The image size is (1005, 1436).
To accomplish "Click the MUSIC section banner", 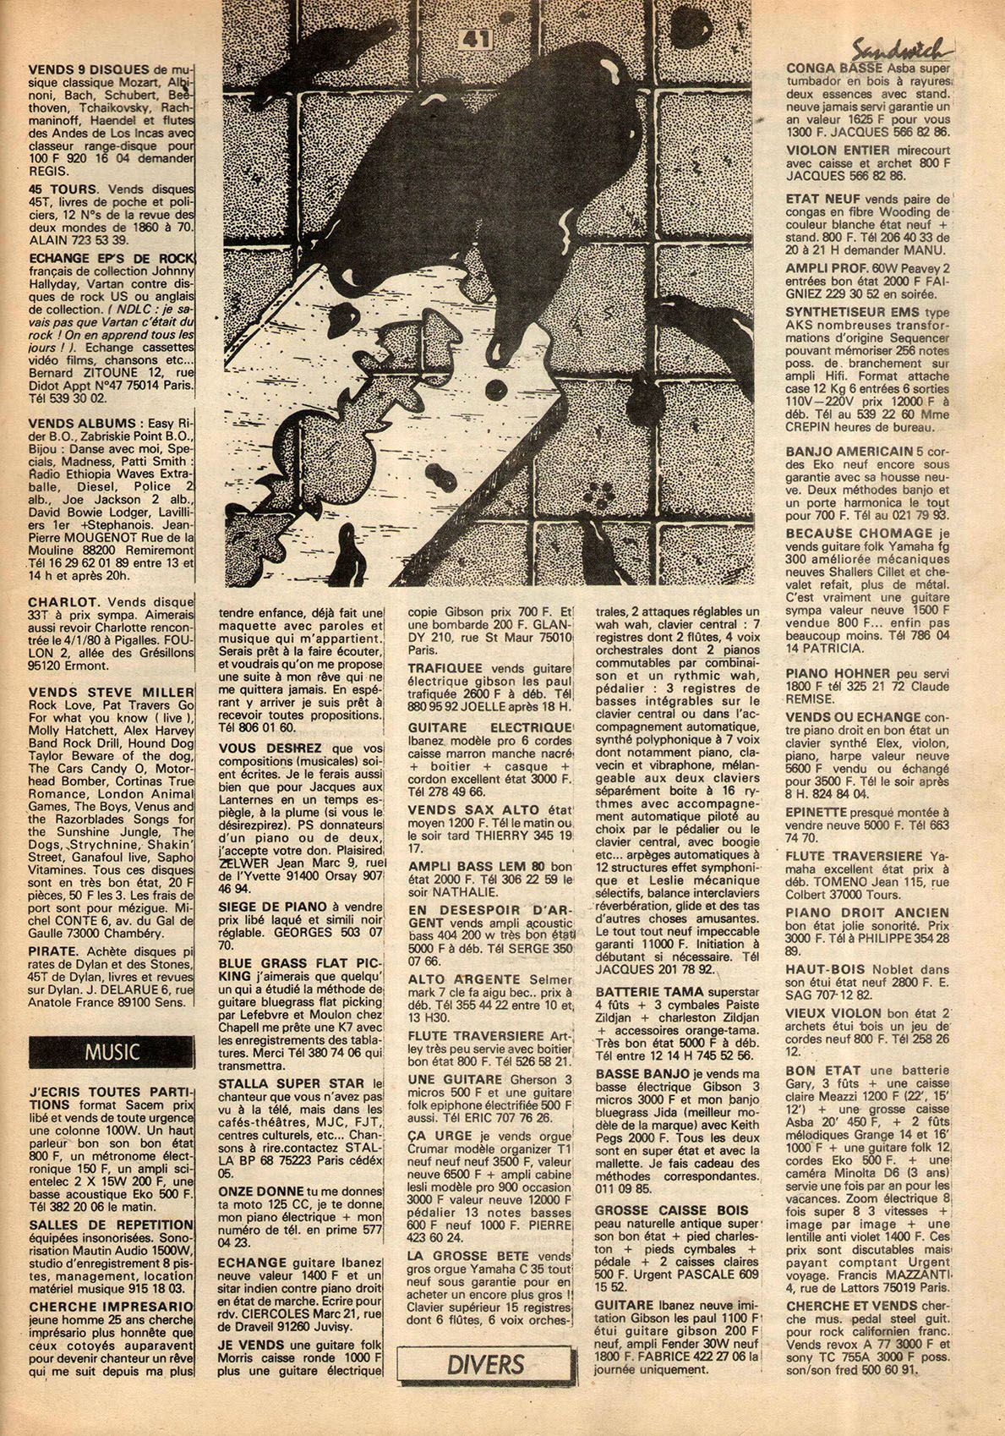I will pyautogui.click(x=111, y=1053).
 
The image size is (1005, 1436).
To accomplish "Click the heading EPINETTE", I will pyautogui.click(x=817, y=808).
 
